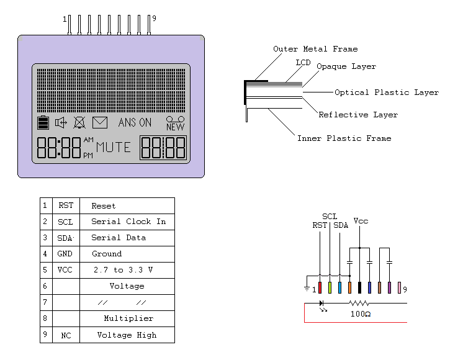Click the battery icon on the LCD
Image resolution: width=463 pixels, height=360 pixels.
pyautogui.click(x=43, y=122)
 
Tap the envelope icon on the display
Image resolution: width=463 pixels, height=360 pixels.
pyautogui.click(x=100, y=123)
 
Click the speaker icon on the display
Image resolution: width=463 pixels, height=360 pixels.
pyautogui.click(x=61, y=123)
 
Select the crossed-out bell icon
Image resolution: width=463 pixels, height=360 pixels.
pyautogui.click(x=79, y=123)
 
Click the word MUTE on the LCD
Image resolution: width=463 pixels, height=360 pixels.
pyautogui.click(x=113, y=148)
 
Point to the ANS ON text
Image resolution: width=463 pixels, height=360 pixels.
pyautogui.click(x=135, y=123)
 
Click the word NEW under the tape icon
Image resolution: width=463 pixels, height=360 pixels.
pyautogui.click(x=176, y=127)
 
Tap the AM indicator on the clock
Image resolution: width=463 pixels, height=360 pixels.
pyautogui.click(x=88, y=140)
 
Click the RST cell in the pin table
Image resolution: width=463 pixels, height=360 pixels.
pyautogui.click(x=66, y=206)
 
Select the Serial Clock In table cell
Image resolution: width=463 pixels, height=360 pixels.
pyautogui.click(x=128, y=222)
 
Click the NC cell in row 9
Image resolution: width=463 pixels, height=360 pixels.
pyautogui.click(x=66, y=335)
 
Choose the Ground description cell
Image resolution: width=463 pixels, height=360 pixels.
pyautogui.click(x=107, y=254)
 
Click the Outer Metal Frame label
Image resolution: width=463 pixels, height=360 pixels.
pyautogui.click(x=315, y=49)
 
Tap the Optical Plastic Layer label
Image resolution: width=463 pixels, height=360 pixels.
pyautogui.click(x=386, y=92)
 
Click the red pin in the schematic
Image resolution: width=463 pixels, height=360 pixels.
pyautogui.click(x=320, y=287)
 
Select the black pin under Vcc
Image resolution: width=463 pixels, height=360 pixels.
pyautogui.click(x=359, y=287)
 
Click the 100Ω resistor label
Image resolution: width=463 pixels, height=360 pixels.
pyautogui.click(x=360, y=314)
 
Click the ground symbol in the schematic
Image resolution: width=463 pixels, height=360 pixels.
pyautogui.click(x=306, y=287)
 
